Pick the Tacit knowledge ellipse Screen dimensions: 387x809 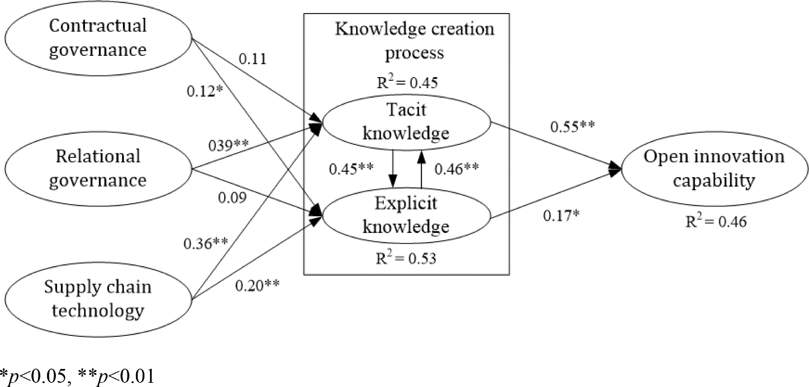(406, 122)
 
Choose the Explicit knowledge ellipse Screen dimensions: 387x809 (406, 216)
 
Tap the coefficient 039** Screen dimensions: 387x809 (228, 145)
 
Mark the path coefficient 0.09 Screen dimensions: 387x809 (232, 197)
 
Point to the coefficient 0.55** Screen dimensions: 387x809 (572, 126)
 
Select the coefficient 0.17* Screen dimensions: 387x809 (561, 216)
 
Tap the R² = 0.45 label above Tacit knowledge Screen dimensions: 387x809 (407, 83)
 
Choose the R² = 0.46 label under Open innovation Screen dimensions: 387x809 (716, 222)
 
